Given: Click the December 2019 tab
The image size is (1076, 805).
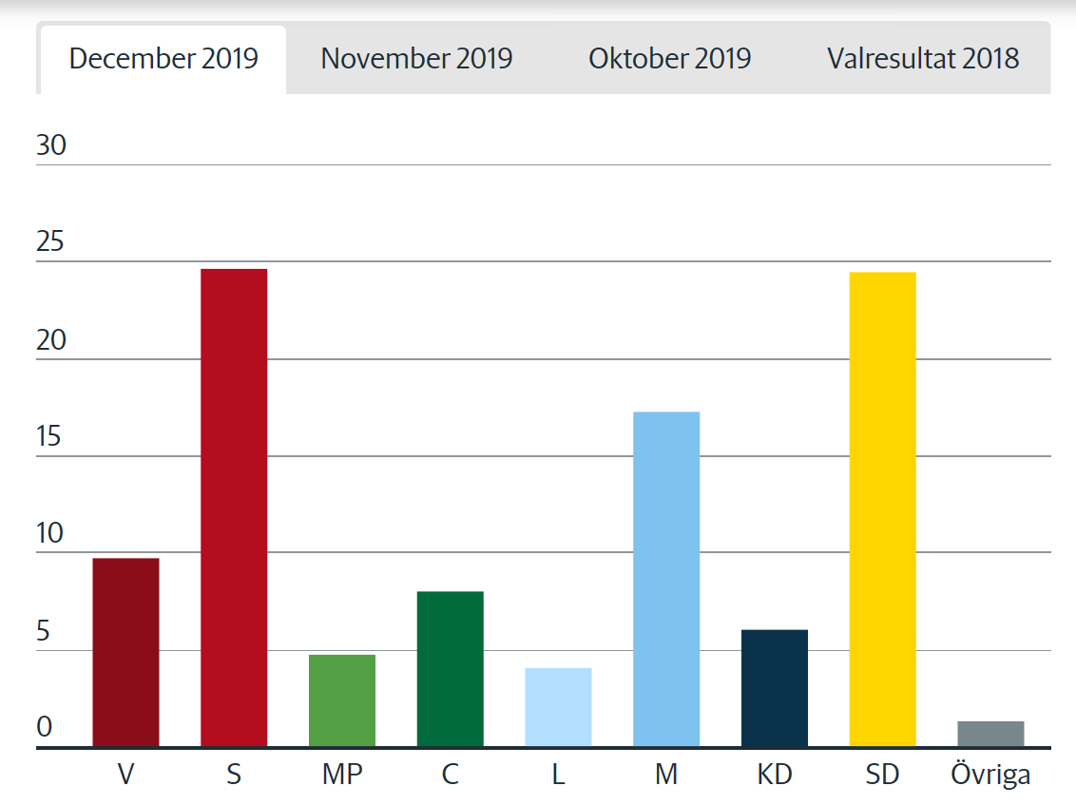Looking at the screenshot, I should coord(163,59).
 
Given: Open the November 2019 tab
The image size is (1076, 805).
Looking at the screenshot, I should coord(416,59).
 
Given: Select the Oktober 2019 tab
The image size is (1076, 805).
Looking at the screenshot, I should coord(669,59).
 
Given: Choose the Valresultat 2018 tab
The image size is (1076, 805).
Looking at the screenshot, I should coord(923,59).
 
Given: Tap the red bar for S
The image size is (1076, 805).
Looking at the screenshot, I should coord(234,508).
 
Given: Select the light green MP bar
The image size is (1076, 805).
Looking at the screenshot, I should coord(342,700).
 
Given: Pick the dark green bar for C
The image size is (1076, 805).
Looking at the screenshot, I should coord(451,669).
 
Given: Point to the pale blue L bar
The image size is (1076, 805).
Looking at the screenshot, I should coord(558,707).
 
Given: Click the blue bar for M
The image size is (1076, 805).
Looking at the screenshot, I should coord(666,579).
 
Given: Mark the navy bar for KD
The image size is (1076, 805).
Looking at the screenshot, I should coord(775,688).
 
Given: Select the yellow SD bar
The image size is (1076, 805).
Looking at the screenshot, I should coord(882,509).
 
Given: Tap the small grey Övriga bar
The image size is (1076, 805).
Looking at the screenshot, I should coord(990,734).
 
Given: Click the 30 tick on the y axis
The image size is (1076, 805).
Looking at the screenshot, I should coord(51,145).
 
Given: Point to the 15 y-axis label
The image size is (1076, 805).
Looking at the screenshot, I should coord(51,437).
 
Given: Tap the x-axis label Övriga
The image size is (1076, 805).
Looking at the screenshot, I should coord(990,775).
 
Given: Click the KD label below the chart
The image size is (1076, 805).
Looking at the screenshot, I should coord(775,775).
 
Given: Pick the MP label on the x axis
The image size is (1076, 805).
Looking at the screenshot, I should coord(342,775).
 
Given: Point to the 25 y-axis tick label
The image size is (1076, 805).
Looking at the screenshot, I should coord(51,242).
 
